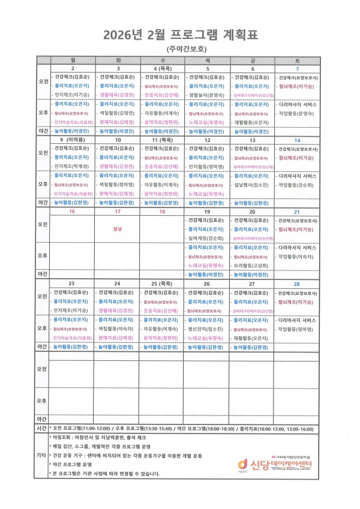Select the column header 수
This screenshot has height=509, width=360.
(x=162, y=61)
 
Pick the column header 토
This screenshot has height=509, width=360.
(x=297, y=61)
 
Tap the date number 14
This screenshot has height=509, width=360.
(x=297, y=140)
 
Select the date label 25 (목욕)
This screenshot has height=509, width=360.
(x=162, y=283)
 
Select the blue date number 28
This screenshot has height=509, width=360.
(x=297, y=283)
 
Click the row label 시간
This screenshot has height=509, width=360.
(x=42, y=429)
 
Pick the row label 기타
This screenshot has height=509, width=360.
(x=42, y=455)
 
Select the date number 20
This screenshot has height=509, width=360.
(x=252, y=212)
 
